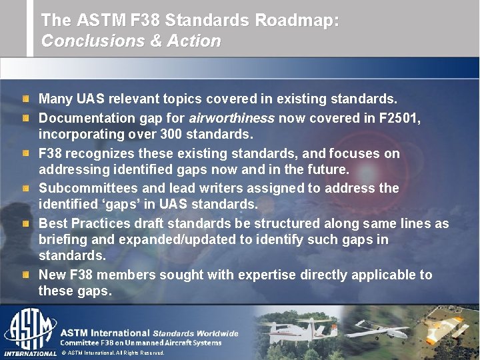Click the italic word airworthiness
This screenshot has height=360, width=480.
click(x=231, y=118)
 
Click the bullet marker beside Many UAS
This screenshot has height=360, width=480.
click(x=25, y=99)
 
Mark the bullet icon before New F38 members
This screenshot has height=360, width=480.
click(x=25, y=275)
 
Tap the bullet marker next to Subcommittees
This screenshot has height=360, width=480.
click(x=25, y=189)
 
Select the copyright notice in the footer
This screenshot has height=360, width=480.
click(x=113, y=353)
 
